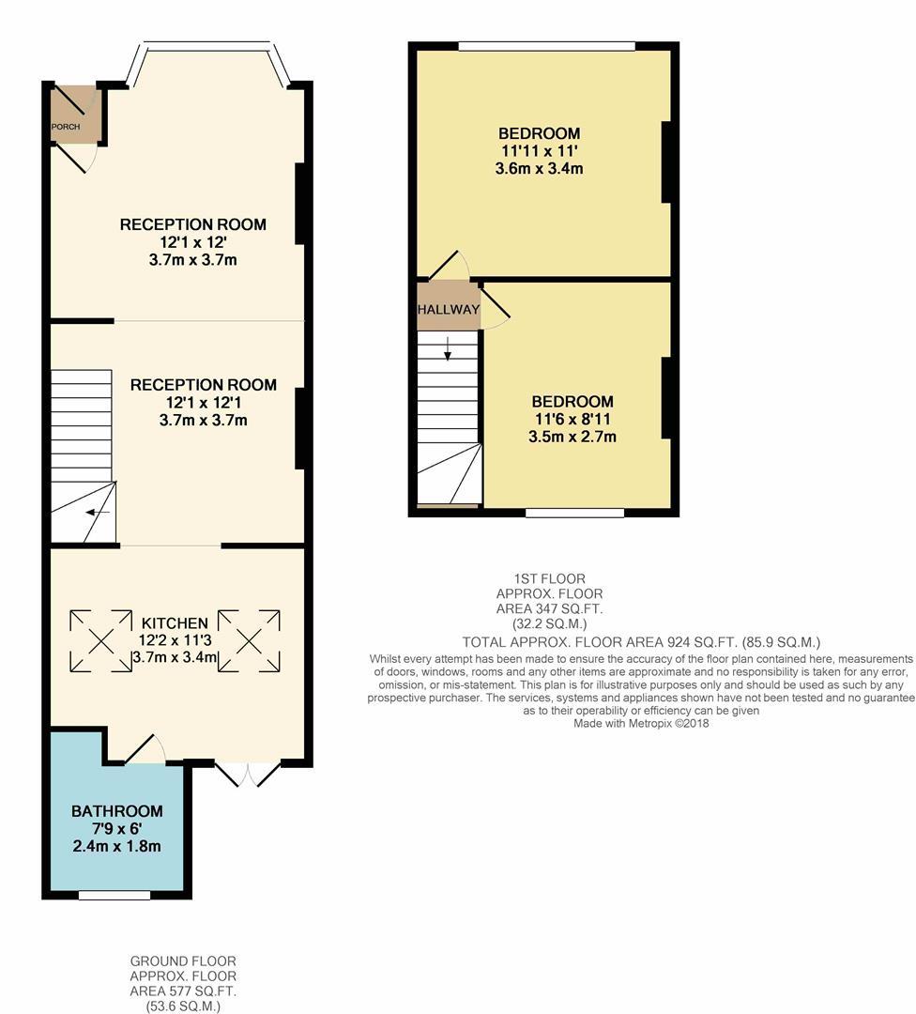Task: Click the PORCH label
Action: (66, 127)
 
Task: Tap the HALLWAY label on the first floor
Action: (449, 310)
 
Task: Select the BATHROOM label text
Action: (117, 811)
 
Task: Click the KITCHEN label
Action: (175, 622)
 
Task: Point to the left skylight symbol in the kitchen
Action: (99, 641)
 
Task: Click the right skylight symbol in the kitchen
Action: (249, 641)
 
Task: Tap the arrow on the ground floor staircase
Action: (97, 513)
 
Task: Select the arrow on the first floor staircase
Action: (448, 349)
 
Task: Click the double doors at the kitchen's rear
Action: (248, 773)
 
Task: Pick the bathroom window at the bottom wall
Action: (114, 896)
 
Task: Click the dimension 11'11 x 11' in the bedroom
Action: (539, 150)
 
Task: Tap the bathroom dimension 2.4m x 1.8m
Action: (117, 846)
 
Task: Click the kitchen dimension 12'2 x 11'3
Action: (175, 640)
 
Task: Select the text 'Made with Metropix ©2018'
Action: (642, 723)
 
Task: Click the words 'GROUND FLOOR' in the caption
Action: (183, 961)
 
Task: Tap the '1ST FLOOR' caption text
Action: (549, 579)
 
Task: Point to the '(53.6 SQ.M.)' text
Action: (183, 1006)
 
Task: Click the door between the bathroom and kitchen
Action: (145, 750)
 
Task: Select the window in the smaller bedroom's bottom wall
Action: (574, 513)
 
